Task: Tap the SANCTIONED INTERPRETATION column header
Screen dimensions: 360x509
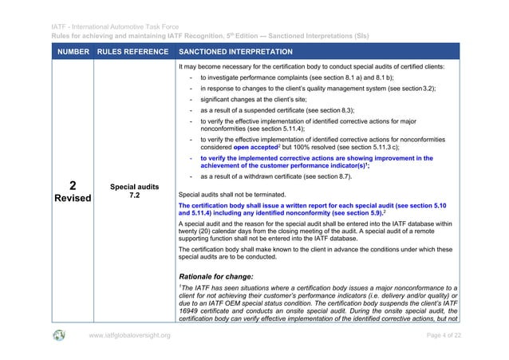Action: click(x=236, y=52)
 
